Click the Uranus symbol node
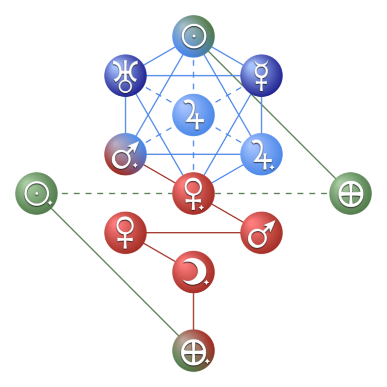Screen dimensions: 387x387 point(125,76)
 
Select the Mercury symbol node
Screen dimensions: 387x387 point(261,76)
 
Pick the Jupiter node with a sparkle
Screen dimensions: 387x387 point(261,154)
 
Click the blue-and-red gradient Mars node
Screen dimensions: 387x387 point(125,154)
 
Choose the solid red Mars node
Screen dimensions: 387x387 point(261,233)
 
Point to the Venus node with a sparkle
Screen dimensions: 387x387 point(193,193)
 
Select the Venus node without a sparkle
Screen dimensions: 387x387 point(125,233)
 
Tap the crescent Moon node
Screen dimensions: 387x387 point(193,272)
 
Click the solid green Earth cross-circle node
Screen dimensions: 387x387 point(350,193)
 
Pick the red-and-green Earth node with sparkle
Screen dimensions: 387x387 point(193,351)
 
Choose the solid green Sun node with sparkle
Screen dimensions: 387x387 point(36,193)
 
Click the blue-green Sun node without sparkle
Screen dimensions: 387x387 point(193,36)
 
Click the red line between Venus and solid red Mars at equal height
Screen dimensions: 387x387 point(193,233)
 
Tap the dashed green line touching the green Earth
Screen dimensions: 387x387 point(272,193)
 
